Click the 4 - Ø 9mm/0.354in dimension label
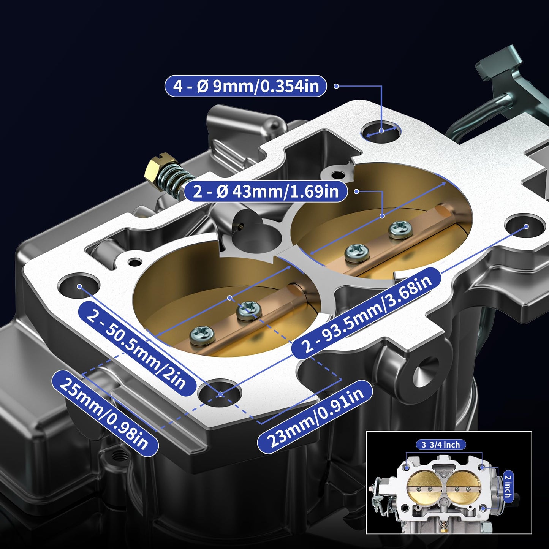245,86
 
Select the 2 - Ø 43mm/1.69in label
266,191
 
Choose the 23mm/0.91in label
315,416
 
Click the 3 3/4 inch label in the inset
440,445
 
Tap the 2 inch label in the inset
508,484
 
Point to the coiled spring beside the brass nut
175,180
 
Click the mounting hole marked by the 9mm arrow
381,131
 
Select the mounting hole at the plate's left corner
79,286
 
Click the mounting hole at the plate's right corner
526,226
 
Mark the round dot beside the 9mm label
336,86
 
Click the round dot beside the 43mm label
356,191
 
